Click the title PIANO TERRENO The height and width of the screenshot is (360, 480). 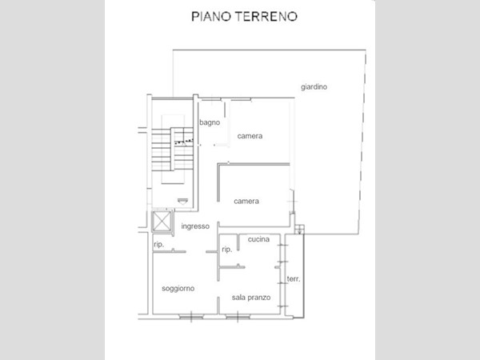tap(244, 17)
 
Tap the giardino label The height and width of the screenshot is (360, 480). tap(314, 87)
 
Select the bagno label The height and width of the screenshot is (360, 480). tap(210, 122)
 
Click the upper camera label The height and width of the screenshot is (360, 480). tap(250, 136)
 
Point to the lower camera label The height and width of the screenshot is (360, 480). tap(246, 201)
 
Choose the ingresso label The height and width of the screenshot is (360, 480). tap(195, 226)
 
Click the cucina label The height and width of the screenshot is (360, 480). tap(258, 239)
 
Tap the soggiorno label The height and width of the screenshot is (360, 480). tap(178, 288)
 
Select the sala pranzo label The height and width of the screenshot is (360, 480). tap(251, 298)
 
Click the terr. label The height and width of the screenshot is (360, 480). tap(294, 279)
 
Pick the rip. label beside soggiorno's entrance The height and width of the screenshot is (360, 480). tap(159, 244)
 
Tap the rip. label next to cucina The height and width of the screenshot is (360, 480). tap(227, 250)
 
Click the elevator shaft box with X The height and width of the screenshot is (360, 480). tap(162, 221)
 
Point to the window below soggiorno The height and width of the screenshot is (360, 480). tap(191, 317)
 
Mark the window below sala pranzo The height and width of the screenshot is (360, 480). tap(238, 317)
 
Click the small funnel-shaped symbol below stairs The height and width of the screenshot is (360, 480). tap(182, 201)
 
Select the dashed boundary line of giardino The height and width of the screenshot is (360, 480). tap(362, 142)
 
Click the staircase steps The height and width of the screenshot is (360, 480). tap(173, 149)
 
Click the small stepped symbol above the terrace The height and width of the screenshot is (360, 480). tap(300, 230)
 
